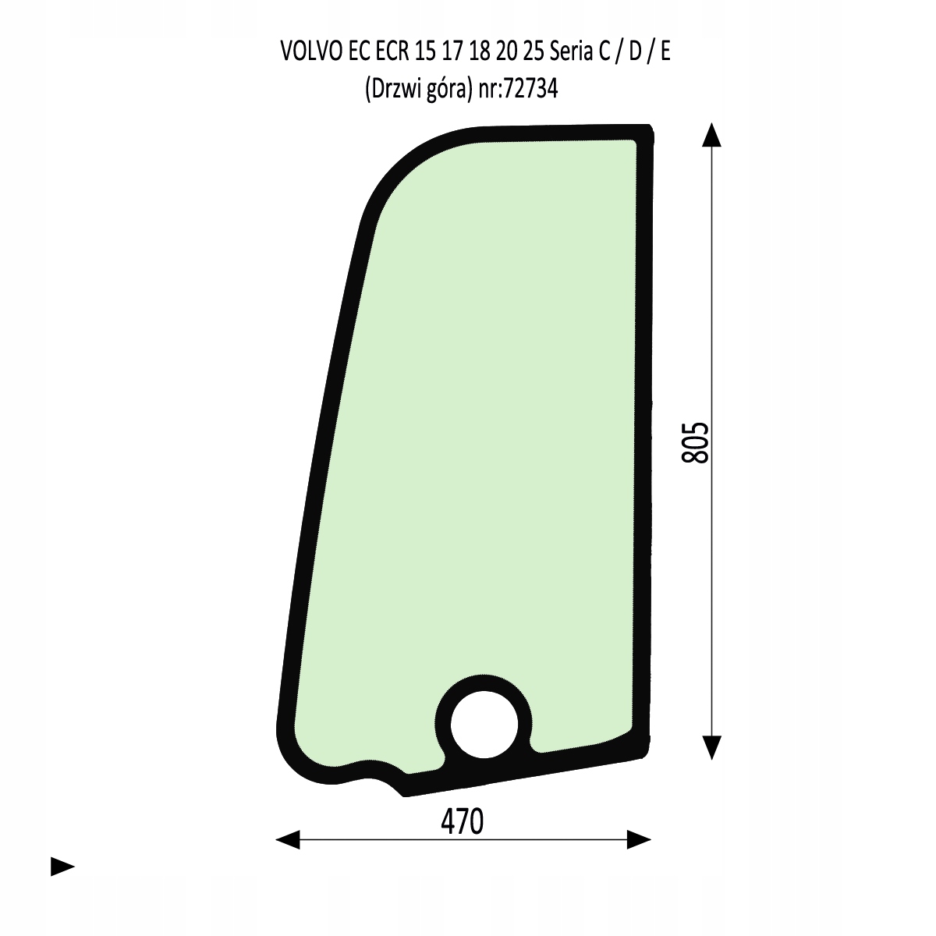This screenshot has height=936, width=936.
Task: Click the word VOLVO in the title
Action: click(x=311, y=51)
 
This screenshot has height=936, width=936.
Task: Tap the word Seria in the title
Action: click(x=571, y=51)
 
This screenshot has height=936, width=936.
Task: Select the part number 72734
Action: click(x=531, y=89)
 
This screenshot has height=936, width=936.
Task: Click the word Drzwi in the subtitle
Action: click(x=395, y=89)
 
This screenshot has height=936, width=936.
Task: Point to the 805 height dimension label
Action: click(x=695, y=442)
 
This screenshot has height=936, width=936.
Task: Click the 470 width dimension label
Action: click(x=462, y=822)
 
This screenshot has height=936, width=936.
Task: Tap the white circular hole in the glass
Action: click(x=484, y=725)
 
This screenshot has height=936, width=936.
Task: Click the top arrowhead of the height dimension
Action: click(x=711, y=134)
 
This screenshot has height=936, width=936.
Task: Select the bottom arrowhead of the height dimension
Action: click(x=711, y=748)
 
